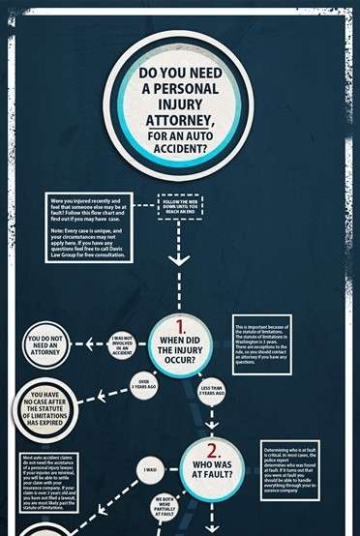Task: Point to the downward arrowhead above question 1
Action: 180,259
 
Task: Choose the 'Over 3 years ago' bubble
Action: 143,383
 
